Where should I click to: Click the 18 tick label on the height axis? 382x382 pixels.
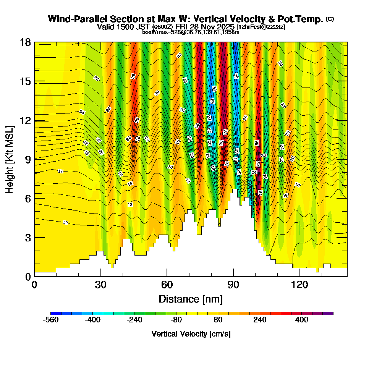coord(25,42)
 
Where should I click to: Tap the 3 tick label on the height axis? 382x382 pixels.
coord(28,237)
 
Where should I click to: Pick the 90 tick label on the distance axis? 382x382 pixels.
coord(233,285)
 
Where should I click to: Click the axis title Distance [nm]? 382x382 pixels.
coord(191,298)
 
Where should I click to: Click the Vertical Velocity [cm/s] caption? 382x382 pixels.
coord(191,334)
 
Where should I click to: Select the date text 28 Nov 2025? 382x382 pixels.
coord(215,27)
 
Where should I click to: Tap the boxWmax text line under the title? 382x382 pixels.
coord(191,32)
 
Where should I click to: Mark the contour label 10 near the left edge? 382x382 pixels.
coord(65,222)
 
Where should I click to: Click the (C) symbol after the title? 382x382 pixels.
coord(330,19)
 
